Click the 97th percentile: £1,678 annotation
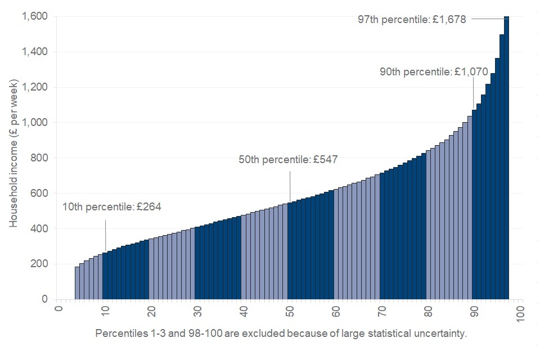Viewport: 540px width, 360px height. (x=412, y=19)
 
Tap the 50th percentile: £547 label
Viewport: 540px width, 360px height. (x=288, y=160)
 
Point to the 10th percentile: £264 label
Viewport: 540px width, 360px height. (x=112, y=207)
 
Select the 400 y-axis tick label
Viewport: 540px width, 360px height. (x=39, y=228)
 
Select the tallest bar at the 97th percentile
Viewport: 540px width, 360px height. (x=506, y=157)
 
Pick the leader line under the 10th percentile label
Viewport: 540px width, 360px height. (x=105, y=236)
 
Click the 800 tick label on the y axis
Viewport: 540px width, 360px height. (x=39, y=158)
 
